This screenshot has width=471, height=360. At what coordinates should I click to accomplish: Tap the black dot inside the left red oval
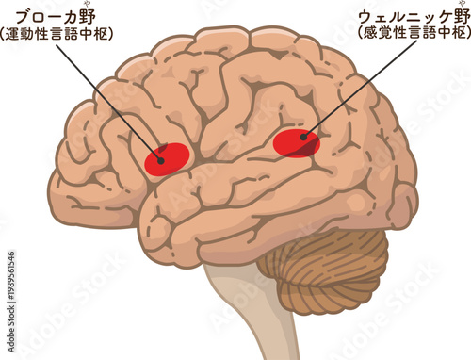point(161,161)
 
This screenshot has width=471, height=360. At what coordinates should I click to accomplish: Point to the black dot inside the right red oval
point(303,138)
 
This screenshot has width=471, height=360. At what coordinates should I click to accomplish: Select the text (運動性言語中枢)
point(58,36)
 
